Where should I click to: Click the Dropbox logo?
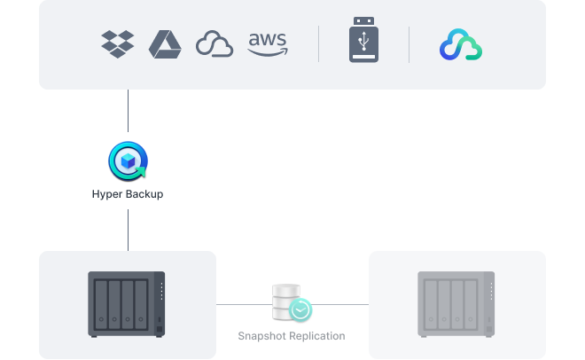point(119,43)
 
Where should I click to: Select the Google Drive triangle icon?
point(165,43)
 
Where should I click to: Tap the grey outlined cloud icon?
point(214,44)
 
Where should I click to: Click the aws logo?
point(268,43)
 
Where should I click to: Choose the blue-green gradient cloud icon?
point(461,44)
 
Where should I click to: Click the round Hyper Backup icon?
point(128,160)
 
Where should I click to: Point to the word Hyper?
point(107,193)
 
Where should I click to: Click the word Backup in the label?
point(144,193)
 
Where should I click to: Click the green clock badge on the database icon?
point(301,310)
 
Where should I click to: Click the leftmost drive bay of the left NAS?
point(102,303)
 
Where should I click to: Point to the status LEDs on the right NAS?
point(489,290)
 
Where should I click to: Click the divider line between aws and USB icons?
point(319,43)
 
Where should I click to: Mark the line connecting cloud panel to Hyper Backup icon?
point(128,115)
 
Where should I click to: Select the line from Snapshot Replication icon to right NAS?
point(341,304)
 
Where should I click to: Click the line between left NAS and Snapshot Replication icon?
point(244,304)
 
